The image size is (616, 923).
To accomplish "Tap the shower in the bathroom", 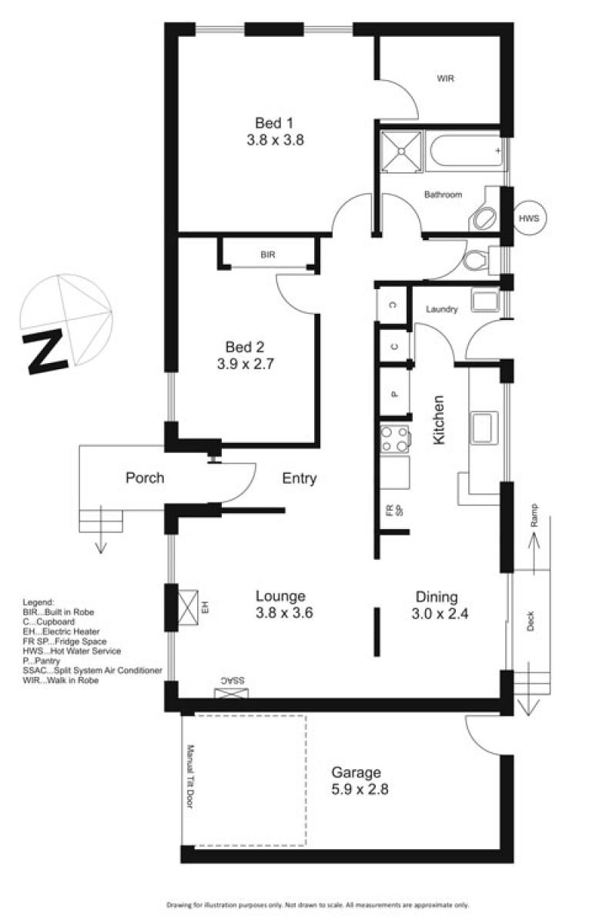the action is pyautogui.click(x=400, y=152).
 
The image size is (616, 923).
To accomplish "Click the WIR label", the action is pyautogui.click(x=445, y=78).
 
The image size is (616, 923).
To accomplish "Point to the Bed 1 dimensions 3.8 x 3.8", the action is pyautogui.click(x=275, y=140).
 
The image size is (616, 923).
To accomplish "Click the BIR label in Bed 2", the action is pyautogui.click(x=268, y=255).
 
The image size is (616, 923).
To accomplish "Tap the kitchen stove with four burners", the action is pyautogui.click(x=394, y=439).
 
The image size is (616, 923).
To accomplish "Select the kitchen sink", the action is pyautogui.click(x=483, y=428).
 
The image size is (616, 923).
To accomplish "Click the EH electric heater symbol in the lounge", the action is pyautogui.click(x=187, y=608).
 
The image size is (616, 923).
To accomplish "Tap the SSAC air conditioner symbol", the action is pyautogui.click(x=231, y=694).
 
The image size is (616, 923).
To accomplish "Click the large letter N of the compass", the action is pyautogui.click(x=45, y=352).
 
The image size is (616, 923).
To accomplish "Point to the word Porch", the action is pyautogui.click(x=145, y=478).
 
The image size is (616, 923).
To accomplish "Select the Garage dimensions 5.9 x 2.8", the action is pyautogui.click(x=360, y=789).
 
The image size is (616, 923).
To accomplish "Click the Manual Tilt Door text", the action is pyautogui.click(x=189, y=776).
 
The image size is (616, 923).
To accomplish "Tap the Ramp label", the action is pyautogui.click(x=534, y=515).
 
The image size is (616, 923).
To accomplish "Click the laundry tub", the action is pyautogui.click(x=485, y=301).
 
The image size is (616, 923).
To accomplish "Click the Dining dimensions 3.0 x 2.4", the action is pyautogui.click(x=440, y=614).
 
